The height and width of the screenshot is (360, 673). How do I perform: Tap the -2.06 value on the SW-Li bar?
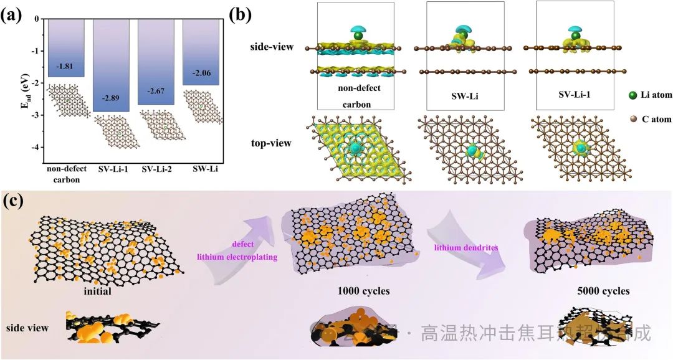click(x=201, y=73)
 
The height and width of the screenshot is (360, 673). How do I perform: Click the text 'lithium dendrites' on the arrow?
click(x=461, y=249)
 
